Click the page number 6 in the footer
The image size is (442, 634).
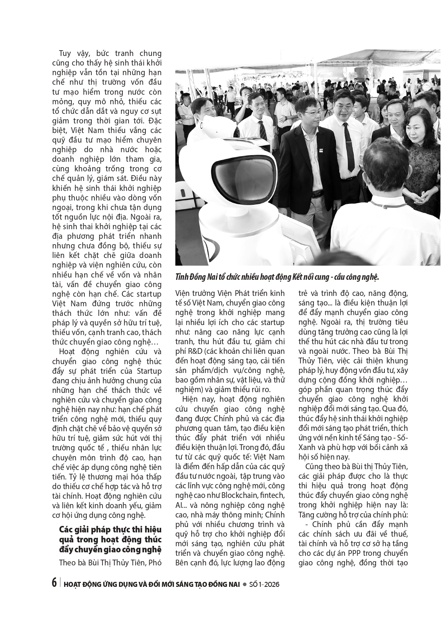(x=53, y=584)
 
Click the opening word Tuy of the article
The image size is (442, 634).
(x=66, y=54)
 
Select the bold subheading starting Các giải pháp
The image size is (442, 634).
(x=110, y=540)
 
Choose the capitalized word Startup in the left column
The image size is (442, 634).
(x=148, y=371)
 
